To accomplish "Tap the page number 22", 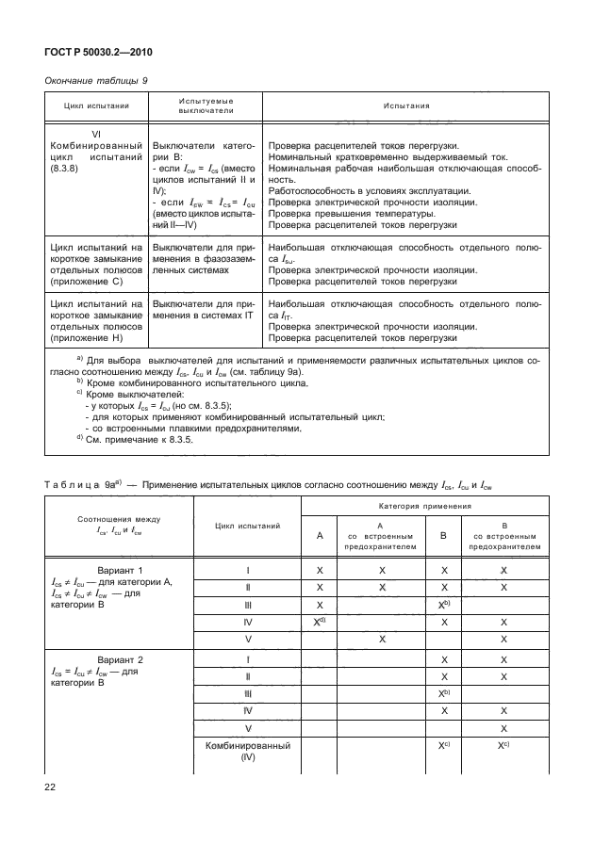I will [x=50, y=785].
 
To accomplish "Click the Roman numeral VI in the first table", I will [x=94, y=134].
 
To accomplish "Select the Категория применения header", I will [x=422, y=507].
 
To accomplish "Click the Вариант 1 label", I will [x=120, y=571].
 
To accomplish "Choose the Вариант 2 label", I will [x=120, y=660].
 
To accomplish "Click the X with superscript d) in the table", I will [x=321, y=623].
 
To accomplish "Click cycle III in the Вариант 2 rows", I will [x=246, y=694].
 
